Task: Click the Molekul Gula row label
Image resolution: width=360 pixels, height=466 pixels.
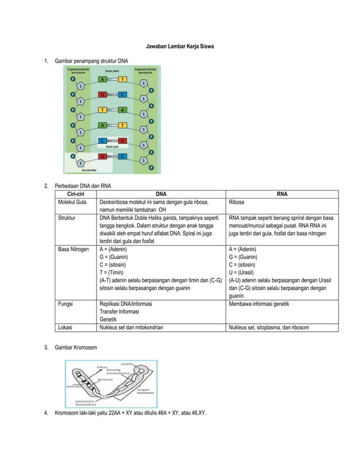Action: point(71,201)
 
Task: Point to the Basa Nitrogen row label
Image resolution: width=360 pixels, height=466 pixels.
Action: point(73,249)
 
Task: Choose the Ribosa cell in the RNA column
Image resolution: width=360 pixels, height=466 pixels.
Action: point(238,201)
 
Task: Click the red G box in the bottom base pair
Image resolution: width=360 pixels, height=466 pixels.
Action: point(103,156)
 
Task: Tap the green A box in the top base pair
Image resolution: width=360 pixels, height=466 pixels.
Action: point(103,80)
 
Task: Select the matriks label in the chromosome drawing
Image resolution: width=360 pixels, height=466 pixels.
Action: point(71,386)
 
